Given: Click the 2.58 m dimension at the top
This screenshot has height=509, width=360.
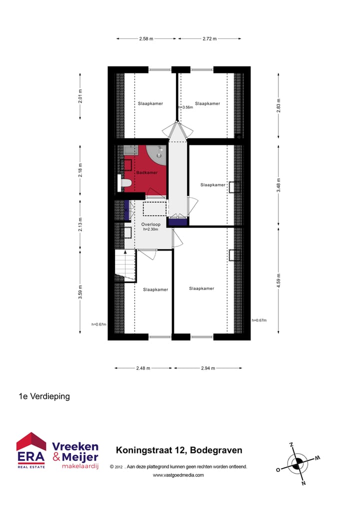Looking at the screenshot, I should (x=146, y=38).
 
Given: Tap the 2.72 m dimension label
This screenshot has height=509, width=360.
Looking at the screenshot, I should (x=209, y=38).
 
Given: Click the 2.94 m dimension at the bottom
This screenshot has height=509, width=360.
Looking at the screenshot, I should (x=207, y=368).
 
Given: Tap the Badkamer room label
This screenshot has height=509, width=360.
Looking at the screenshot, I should (x=147, y=172).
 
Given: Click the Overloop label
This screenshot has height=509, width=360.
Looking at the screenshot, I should (x=150, y=224).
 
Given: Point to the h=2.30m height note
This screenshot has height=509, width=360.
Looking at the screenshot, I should (x=150, y=229).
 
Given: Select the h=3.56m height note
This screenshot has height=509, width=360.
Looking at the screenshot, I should (x=185, y=107).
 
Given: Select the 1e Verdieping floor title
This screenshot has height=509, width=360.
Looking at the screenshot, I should (x=44, y=396).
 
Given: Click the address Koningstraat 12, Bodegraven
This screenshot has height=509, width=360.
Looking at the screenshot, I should (x=179, y=450).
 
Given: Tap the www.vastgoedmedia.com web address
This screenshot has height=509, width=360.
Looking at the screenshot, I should (x=178, y=475).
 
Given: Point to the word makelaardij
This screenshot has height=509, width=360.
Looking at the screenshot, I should (x=80, y=466).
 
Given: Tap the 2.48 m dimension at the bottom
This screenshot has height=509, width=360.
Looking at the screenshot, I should (x=144, y=368).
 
